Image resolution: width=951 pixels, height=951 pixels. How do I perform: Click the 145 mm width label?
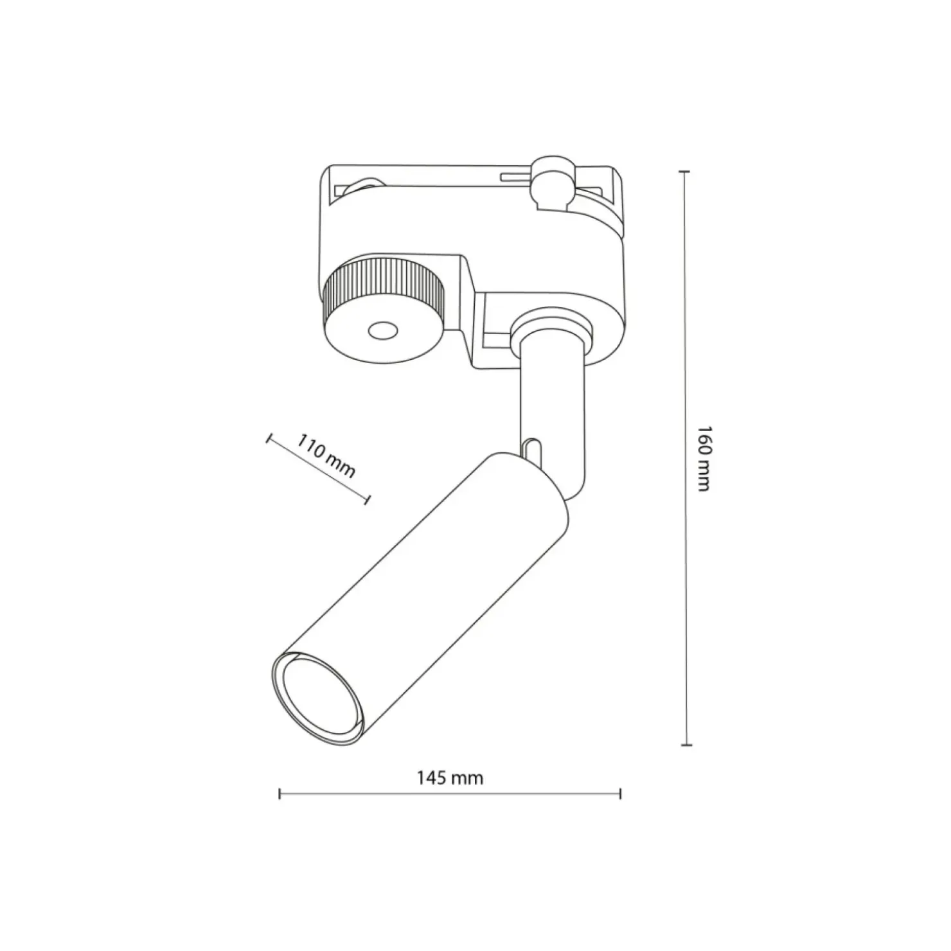point(450,778)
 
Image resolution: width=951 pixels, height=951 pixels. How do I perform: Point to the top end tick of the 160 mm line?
point(685,172)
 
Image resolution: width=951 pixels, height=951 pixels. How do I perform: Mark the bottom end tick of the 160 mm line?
point(686,745)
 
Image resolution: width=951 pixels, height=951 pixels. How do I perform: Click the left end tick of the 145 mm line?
point(280,794)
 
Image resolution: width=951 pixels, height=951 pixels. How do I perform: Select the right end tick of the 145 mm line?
point(620,794)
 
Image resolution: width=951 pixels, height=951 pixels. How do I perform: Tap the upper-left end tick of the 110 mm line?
point(267,439)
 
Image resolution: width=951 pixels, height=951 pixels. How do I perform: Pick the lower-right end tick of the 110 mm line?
point(368,499)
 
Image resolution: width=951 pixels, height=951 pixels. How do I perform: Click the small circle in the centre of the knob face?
point(382,332)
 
